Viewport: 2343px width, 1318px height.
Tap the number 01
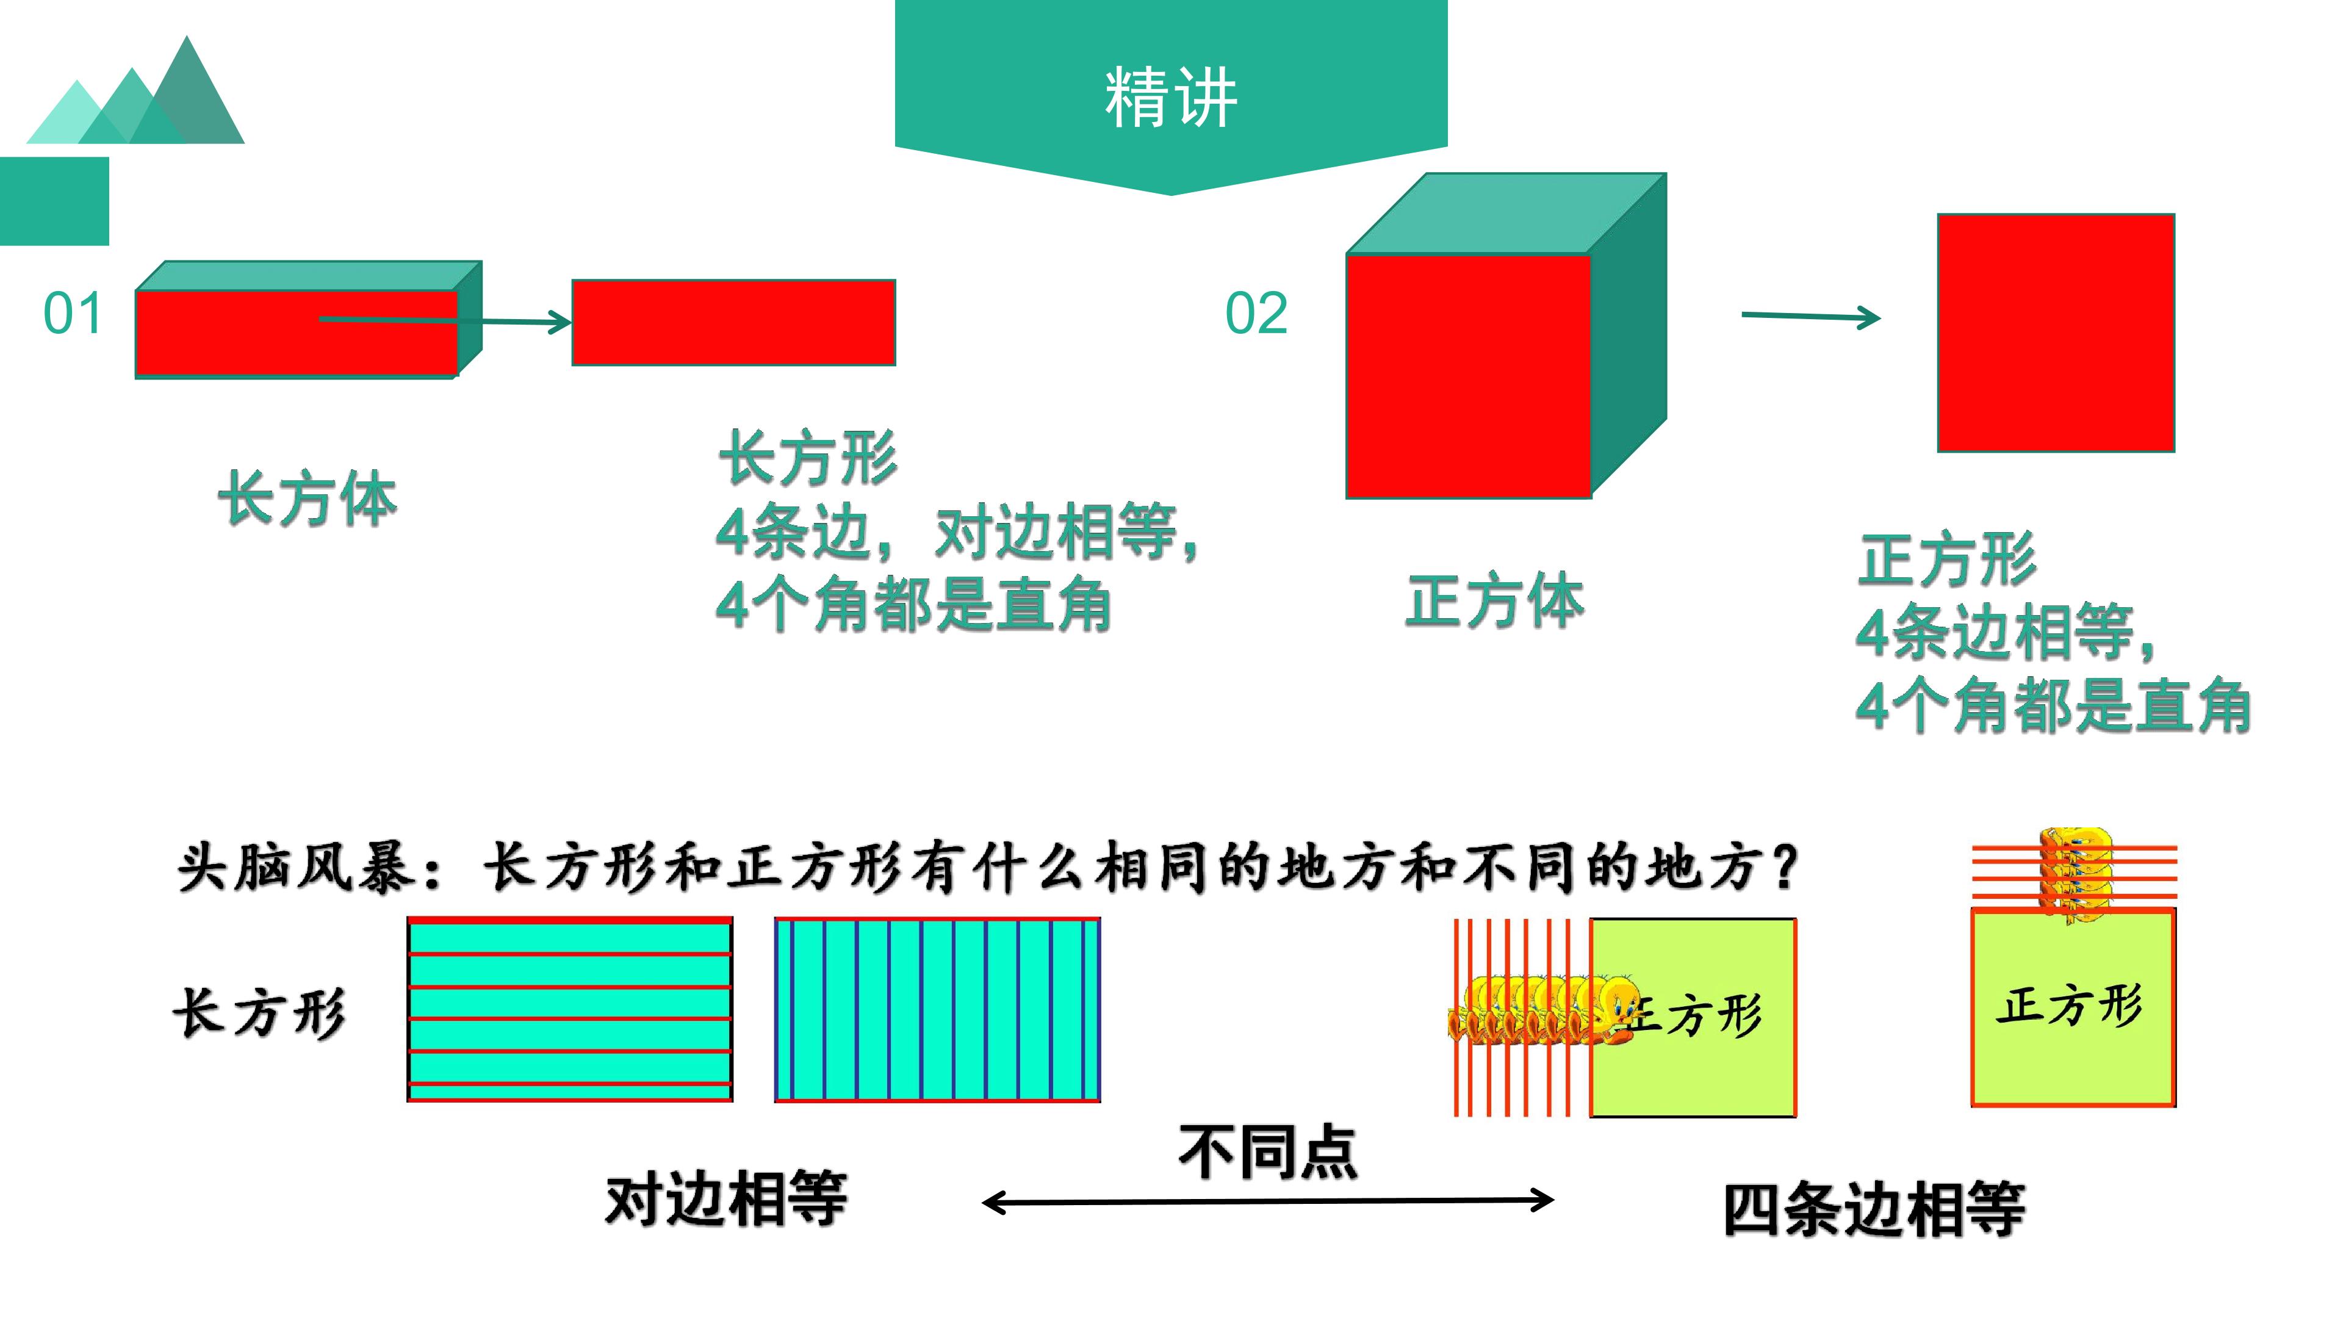coord(73,314)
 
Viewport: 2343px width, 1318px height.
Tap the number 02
coord(1256,313)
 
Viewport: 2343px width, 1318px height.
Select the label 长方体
coord(308,499)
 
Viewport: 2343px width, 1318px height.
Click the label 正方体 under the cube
coord(1494,600)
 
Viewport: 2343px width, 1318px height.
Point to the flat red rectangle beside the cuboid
coord(733,322)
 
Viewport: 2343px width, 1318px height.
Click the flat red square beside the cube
coord(2056,333)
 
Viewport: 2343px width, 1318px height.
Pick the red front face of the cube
coord(1468,376)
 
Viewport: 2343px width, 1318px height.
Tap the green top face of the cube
coord(1506,213)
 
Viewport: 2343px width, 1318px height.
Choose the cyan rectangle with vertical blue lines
coord(938,1010)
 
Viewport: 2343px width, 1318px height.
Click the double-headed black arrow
coord(1268,1201)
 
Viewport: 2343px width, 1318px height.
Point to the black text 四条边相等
coord(1874,1210)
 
